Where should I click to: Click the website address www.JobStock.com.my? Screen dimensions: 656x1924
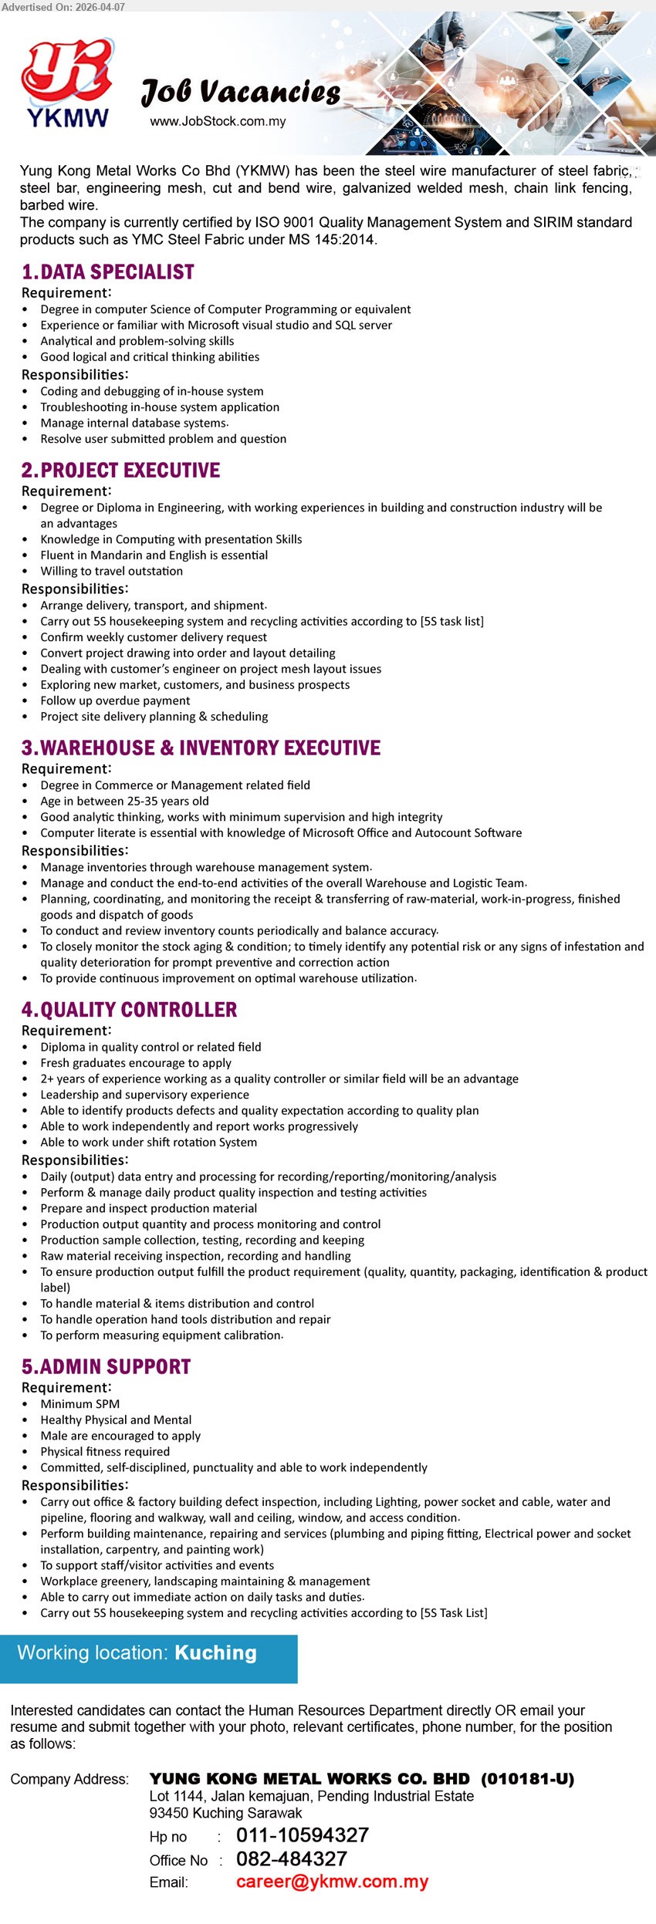[218, 121]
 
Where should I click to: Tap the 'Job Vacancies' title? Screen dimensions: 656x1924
[241, 93]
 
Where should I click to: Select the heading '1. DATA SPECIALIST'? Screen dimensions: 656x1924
[108, 272]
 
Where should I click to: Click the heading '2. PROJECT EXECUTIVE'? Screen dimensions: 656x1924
[121, 471]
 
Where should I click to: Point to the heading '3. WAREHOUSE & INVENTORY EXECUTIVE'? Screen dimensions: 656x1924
[201, 748]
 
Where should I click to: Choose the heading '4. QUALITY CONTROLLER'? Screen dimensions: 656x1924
[130, 1010]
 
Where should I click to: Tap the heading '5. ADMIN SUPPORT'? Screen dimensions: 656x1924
[107, 1367]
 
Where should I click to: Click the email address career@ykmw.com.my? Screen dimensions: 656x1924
[332, 1882]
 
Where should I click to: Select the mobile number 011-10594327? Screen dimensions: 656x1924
[303, 1835]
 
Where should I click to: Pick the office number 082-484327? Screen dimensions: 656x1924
[292, 1858]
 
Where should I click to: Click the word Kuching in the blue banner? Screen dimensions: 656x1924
[215, 1653]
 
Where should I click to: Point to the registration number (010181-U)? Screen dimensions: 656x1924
[527, 1779]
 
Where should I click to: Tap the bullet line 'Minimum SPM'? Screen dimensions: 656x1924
[80, 1404]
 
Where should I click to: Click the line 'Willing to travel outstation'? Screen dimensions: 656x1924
[112, 571]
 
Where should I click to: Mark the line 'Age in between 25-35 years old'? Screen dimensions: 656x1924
[125, 801]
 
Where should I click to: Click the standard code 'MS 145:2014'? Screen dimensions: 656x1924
[337, 239]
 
